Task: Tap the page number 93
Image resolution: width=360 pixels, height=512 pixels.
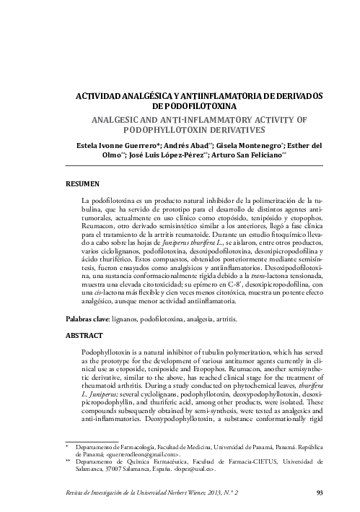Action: click(x=320, y=493)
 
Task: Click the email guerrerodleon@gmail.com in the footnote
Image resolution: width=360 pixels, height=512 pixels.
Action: click(x=141, y=455)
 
